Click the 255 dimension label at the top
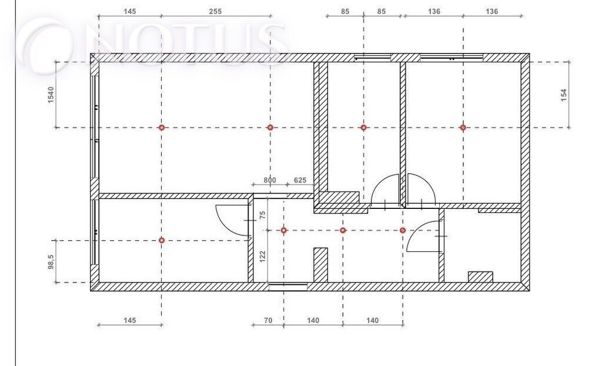[x=215, y=12]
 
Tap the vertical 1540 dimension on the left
[x=51, y=95]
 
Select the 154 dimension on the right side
[x=564, y=95]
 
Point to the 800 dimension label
[x=269, y=180]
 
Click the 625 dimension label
[x=300, y=180]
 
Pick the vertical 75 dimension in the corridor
[x=263, y=215]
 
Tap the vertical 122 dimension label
[x=263, y=257]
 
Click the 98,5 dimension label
[x=52, y=262]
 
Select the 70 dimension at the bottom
[x=268, y=320]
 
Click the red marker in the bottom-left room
[x=162, y=240]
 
